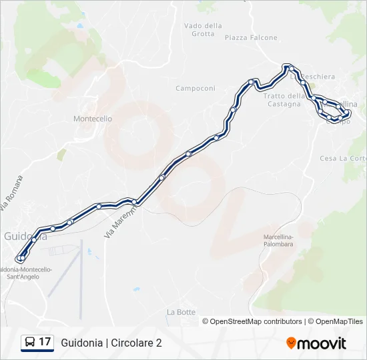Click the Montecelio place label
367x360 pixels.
pyautogui.click(x=92, y=119)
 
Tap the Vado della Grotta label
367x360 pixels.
pyautogui.click(x=203, y=30)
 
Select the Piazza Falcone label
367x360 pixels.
pyautogui.click(x=251, y=38)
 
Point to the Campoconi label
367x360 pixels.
pyautogui.click(x=196, y=89)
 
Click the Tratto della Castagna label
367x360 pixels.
pyautogui.click(x=284, y=99)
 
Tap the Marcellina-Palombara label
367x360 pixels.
pyautogui.click(x=278, y=241)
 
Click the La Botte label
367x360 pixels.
pyautogui.click(x=181, y=312)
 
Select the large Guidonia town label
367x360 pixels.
pyautogui.click(x=25, y=236)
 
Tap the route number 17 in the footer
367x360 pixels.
pyautogui.click(x=45, y=342)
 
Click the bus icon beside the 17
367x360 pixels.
pyautogui.click(x=30, y=343)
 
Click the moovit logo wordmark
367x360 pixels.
pyautogui.click(x=322, y=343)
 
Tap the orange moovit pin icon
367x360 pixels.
pyautogui.click(x=291, y=343)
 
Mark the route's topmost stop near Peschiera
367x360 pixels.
pyautogui.click(x=288, y=67)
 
